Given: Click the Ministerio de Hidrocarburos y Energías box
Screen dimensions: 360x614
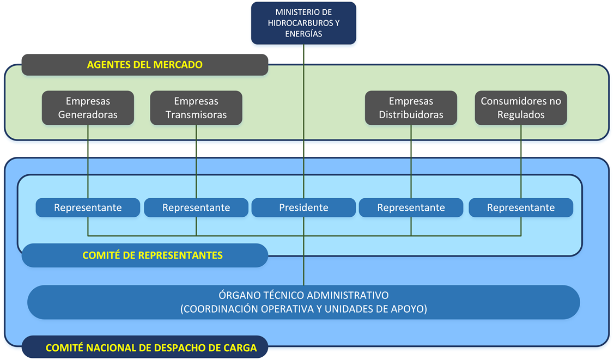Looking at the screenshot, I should [x=303, y=23].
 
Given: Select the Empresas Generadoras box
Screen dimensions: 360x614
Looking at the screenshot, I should [x=88, y=108].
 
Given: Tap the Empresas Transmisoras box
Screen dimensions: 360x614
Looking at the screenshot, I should [x=196, y=108].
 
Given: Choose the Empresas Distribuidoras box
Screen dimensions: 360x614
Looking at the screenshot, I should [x=411, y=108].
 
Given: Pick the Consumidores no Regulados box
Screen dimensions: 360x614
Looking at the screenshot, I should [x=521, y=108].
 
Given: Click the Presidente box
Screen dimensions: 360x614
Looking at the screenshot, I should [x=303, y=208].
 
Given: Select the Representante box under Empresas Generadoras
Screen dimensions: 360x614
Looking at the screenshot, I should [x=88, y=208].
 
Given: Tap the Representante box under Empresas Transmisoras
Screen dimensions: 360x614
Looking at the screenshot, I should [x=196, y=208].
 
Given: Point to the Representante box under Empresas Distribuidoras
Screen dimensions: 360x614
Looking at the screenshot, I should [x=411, y=208].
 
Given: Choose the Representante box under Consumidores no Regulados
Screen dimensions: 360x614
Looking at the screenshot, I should [x=521, y=208].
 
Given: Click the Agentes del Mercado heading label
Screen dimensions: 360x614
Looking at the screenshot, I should [x=145, y=65].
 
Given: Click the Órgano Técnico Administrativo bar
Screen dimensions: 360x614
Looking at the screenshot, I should [x=303, y=302].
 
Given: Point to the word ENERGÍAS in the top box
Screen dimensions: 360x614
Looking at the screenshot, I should [x=303, y=34].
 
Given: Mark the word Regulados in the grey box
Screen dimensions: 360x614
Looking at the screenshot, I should [x=521, y=115].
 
